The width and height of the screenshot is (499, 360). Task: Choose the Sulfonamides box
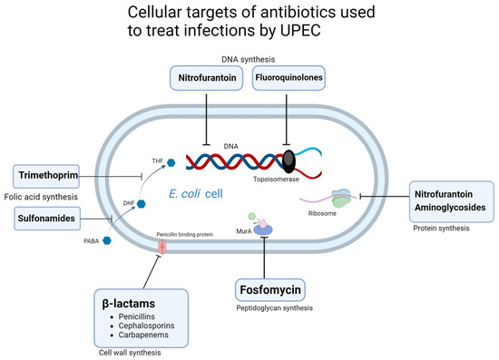click(50, 218)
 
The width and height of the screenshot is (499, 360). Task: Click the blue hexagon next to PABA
click(107, 240)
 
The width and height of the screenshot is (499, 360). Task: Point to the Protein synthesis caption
click(439, 229)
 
